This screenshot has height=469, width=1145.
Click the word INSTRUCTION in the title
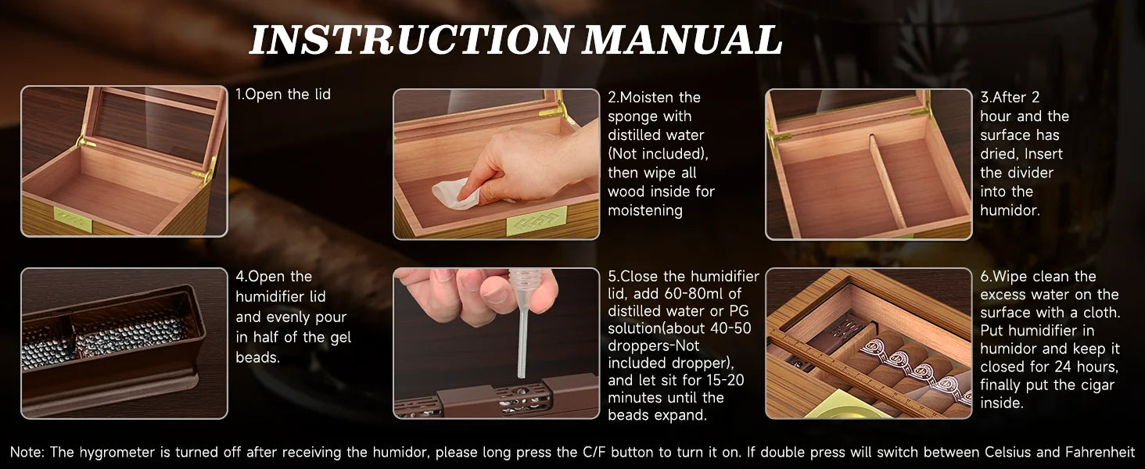coord(411,40)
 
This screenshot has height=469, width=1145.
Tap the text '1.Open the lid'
coord(283,95)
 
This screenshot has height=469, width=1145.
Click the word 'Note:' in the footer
coord(28,452)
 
